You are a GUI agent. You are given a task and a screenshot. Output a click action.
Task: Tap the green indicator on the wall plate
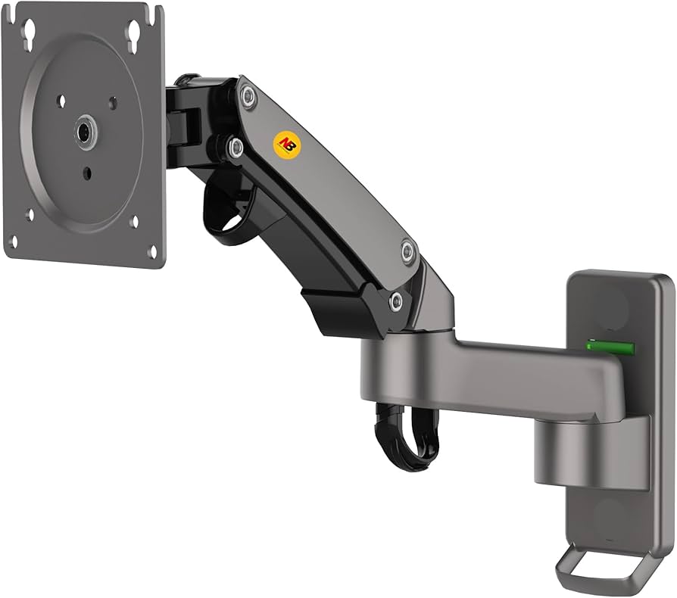coord(610,347)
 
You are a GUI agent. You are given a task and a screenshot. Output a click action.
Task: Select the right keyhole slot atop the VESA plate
coord(134,31)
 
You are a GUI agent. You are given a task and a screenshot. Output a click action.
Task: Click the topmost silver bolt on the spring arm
coord(247,96)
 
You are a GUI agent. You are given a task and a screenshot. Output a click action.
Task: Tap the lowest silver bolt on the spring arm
coord(395,302)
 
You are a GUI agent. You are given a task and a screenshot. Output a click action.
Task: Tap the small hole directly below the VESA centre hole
coord(86,173)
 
